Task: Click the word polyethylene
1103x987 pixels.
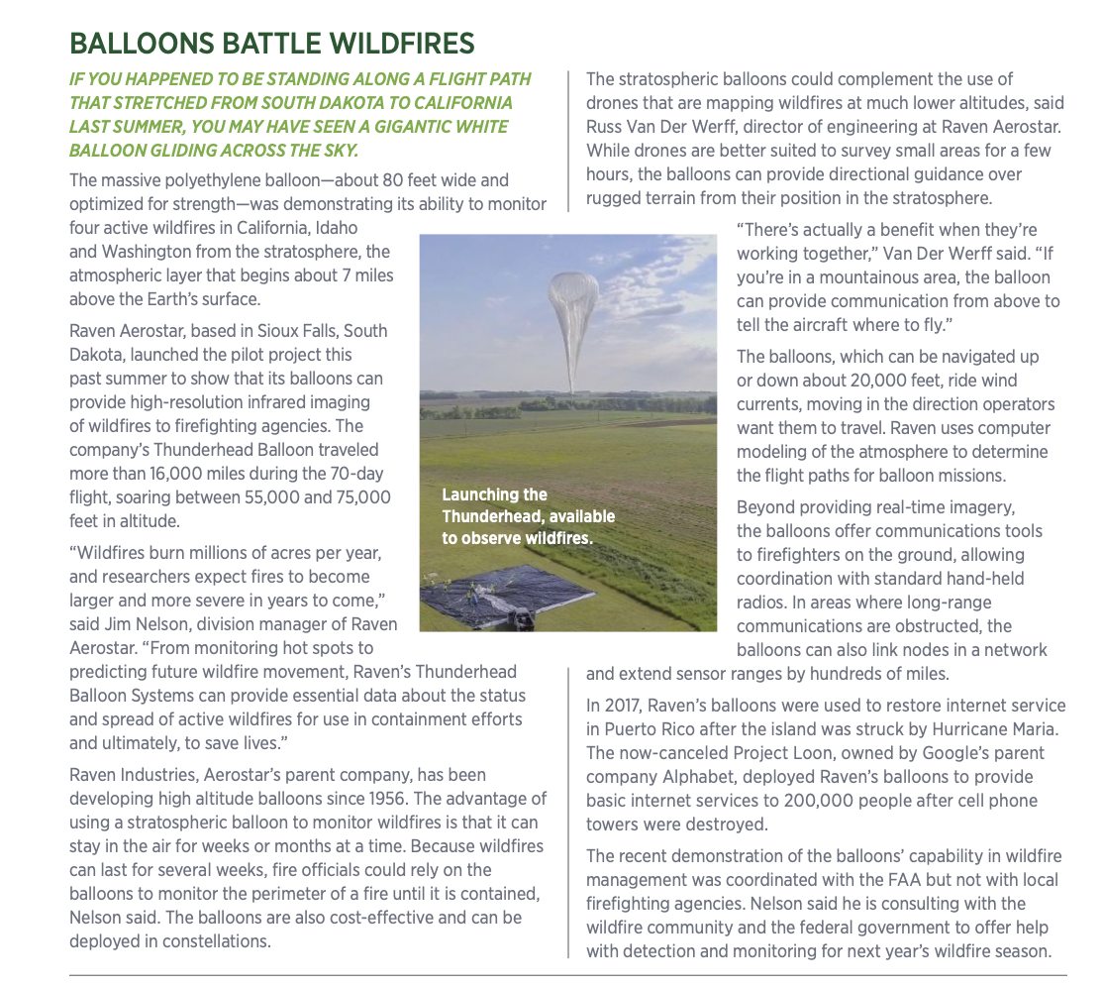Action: (227, 180)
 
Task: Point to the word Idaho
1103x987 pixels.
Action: (365, 228)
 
